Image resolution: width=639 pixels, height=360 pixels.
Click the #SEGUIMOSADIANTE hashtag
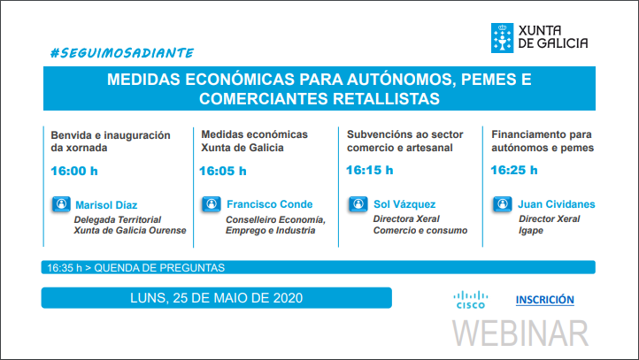[x=122, y=53]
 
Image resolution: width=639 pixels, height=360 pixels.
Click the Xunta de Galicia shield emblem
[x=502, y=38]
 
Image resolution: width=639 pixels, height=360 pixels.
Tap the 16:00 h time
[x=74, y=171]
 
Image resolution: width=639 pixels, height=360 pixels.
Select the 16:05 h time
[x=222, y=171]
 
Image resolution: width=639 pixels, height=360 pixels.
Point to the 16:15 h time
[x=370, y=170]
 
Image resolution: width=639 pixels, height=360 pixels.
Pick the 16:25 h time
[x=514, y=170]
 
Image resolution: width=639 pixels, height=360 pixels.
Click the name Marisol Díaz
[x=106, y=205]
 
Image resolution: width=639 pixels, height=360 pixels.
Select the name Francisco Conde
[x=270, y=204]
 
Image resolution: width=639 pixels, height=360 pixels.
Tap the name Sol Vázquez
[x=404, y=204]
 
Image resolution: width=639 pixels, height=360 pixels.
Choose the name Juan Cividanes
[x=557, y=204]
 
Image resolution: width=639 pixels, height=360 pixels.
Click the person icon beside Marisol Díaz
[x=61, y=204]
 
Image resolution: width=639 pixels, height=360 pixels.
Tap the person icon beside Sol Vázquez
[x=358, y=203]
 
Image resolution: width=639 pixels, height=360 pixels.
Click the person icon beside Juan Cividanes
[x=503, y=203]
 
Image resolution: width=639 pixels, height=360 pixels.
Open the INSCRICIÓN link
[x=545, y=300]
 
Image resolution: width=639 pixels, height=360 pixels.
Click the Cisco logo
[x=471, y=300]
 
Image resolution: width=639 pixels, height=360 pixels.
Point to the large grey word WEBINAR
[x=520, y=333]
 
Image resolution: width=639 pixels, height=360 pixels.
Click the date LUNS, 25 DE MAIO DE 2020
[x=217, y=298]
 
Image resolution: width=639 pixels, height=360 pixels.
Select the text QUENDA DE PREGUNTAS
[x=159, y=267]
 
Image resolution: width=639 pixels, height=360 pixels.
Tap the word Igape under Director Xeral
[x=531, y=231]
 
